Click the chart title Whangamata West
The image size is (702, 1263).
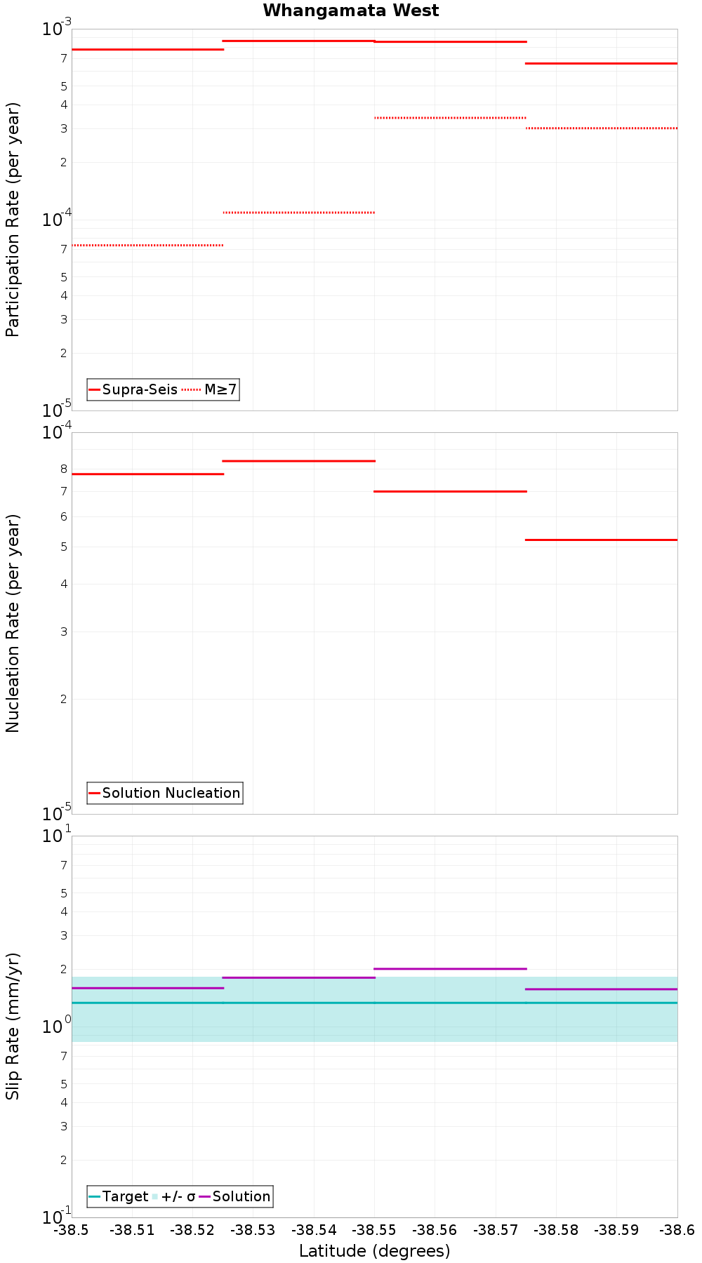pos(351,11)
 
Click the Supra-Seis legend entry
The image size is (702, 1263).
pos(140,389)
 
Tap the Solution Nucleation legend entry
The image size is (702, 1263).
pos(171,793)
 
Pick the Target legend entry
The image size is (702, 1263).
pos(125,1196)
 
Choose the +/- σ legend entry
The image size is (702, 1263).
pos(178,1196)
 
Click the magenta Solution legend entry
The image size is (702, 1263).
pos(241,1196)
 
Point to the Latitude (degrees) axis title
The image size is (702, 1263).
pos(374,1250)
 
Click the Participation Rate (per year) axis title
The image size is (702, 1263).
pos(13,220)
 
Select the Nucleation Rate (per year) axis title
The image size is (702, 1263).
pos(13,623)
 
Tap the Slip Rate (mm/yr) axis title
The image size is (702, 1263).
pos(13,1026)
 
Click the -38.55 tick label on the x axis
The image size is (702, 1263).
pos(374,1229)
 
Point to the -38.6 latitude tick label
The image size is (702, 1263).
pos(675,1229)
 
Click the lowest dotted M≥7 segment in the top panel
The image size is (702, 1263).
pos(147,245)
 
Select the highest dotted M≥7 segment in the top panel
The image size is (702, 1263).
pos(450,118)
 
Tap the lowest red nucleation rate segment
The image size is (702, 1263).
pos(601,540)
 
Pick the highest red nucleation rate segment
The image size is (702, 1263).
pos(298,461)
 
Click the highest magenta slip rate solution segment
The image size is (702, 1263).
pos(450,969)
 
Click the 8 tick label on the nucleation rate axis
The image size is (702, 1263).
pos(63,469)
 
